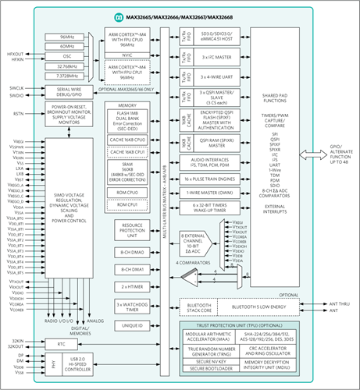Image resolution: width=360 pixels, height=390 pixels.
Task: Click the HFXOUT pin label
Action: point(15,52)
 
